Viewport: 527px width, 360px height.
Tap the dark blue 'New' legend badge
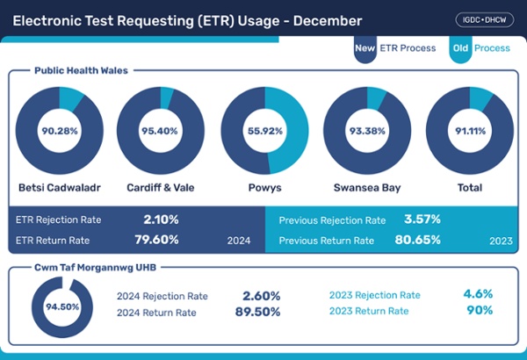[x=365, y=48]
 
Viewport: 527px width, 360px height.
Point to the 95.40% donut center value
[x=160, y=131]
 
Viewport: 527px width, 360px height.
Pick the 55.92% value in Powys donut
[x=263, y=131]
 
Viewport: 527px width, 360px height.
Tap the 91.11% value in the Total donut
[x=470, y=131]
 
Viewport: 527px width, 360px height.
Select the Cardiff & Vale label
[x=160, y=188]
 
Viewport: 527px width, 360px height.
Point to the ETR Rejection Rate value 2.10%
[x=161, y=220]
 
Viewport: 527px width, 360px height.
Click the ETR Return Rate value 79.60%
[x=161, y=239]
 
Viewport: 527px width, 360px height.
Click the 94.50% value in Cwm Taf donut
[x=61, y=307]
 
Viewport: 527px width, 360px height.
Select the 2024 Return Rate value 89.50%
[x=257, y=312]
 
